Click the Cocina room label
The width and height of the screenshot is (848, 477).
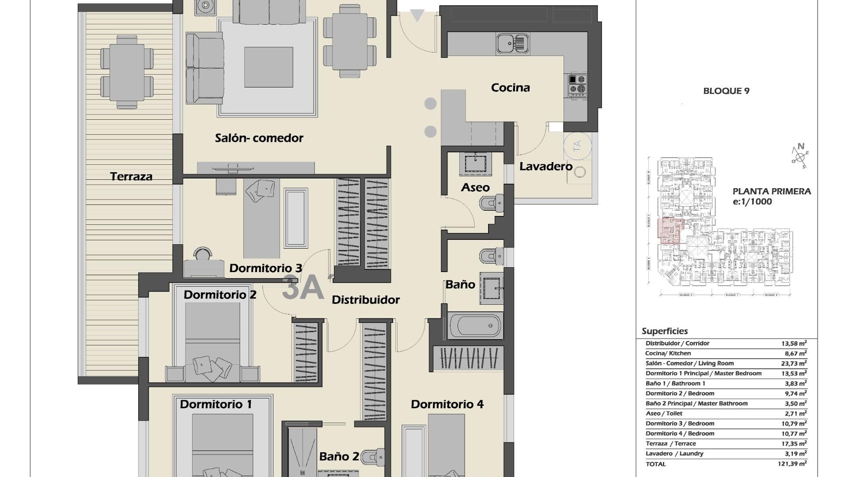pos(510,87)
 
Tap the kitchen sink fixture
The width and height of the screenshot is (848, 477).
pos(512,44)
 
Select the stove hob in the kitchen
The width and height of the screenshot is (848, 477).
pos(577,85)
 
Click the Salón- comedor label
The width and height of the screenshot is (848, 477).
pos(259,138)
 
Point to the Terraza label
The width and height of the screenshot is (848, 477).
pos(131,176)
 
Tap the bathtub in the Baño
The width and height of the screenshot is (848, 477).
pos(475,326)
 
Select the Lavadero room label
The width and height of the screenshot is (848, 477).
pos(545,167)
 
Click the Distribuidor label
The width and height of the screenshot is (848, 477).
pos(365,299)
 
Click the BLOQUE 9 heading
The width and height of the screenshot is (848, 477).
pos(726,91)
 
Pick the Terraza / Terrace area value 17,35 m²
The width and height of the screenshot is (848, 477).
pos(793,443)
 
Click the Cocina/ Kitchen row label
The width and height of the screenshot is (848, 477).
pos(668,353)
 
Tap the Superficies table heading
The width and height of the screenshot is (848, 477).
pos(664,331)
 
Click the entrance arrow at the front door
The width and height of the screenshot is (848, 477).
pos(417,16)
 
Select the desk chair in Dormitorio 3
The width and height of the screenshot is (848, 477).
pos(203,254)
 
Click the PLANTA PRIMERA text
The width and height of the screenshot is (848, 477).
pos(772,191)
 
